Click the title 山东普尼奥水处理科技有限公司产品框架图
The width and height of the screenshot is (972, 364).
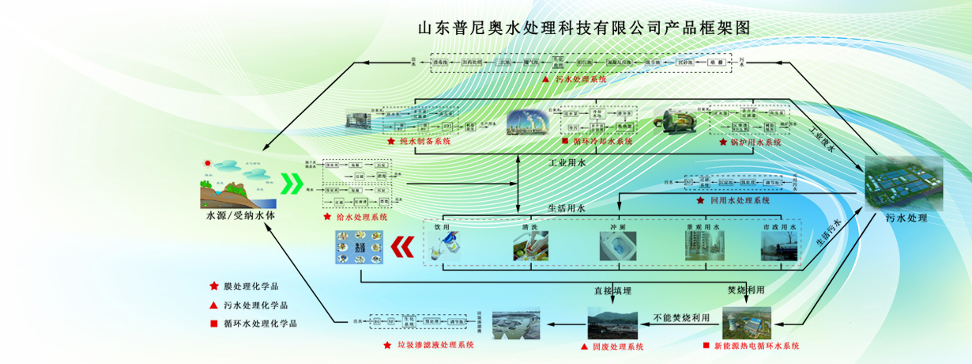[x=582, y=28]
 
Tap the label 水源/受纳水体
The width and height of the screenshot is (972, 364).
[x=235, y=215]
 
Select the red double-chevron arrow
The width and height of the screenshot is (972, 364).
[x=402, y=248]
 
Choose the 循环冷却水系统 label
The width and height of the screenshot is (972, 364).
[x=602, y=142]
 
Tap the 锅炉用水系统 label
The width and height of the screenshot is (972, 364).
[x=755, y=142]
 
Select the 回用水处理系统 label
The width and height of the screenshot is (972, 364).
[x=740, y=201]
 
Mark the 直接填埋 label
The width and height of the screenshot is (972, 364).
[x=613, y=291]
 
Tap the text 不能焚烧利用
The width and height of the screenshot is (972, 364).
[x=682, y=318]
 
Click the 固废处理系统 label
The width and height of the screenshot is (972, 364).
[x=612, y=347]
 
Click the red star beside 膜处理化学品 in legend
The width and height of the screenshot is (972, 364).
[x=213, y=286]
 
